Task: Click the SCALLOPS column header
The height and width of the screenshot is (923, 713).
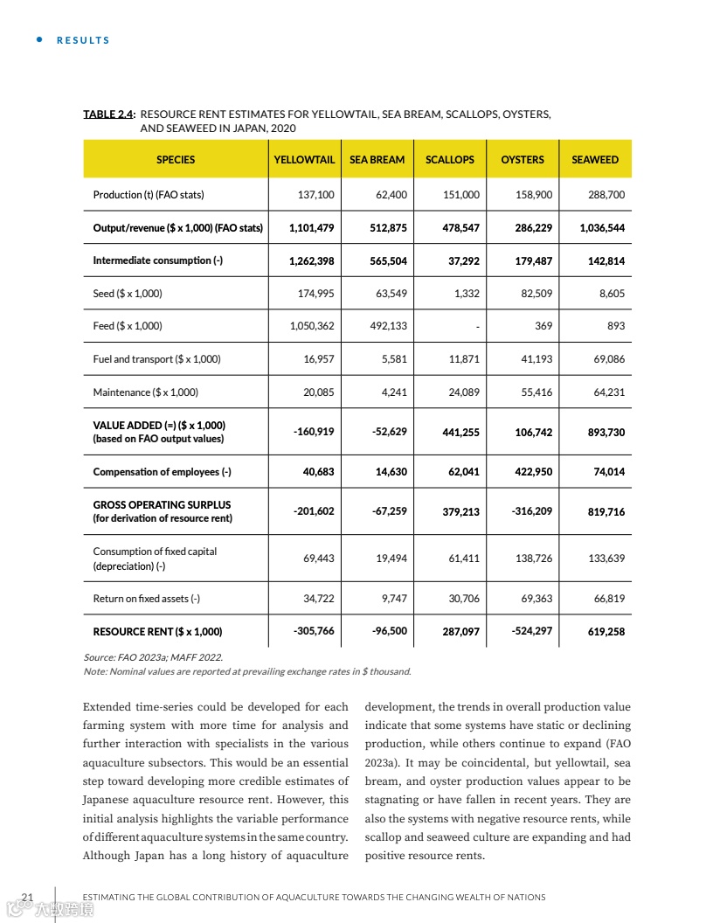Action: click(x=449, y=160)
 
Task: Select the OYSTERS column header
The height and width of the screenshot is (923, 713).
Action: click(x=523, y=160)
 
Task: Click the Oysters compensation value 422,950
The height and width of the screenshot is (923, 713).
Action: click(x=531, y=472)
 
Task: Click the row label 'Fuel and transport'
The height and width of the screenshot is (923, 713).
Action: click(x=156, y=359)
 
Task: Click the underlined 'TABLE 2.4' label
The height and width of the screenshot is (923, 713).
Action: click(x=108, y=115)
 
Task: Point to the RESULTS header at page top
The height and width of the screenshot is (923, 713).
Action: click(x=83, y=40)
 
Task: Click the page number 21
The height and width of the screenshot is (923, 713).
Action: click(x=27, y=897)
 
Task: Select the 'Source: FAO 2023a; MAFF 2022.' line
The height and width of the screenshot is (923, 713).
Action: click(x=153, y=656)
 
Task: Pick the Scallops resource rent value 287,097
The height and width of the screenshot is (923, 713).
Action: click(x=460, y=632)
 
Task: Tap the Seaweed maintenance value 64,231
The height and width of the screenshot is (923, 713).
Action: click(x=609, y=392)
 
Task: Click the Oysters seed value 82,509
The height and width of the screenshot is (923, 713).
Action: click(x=536, y=294)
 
